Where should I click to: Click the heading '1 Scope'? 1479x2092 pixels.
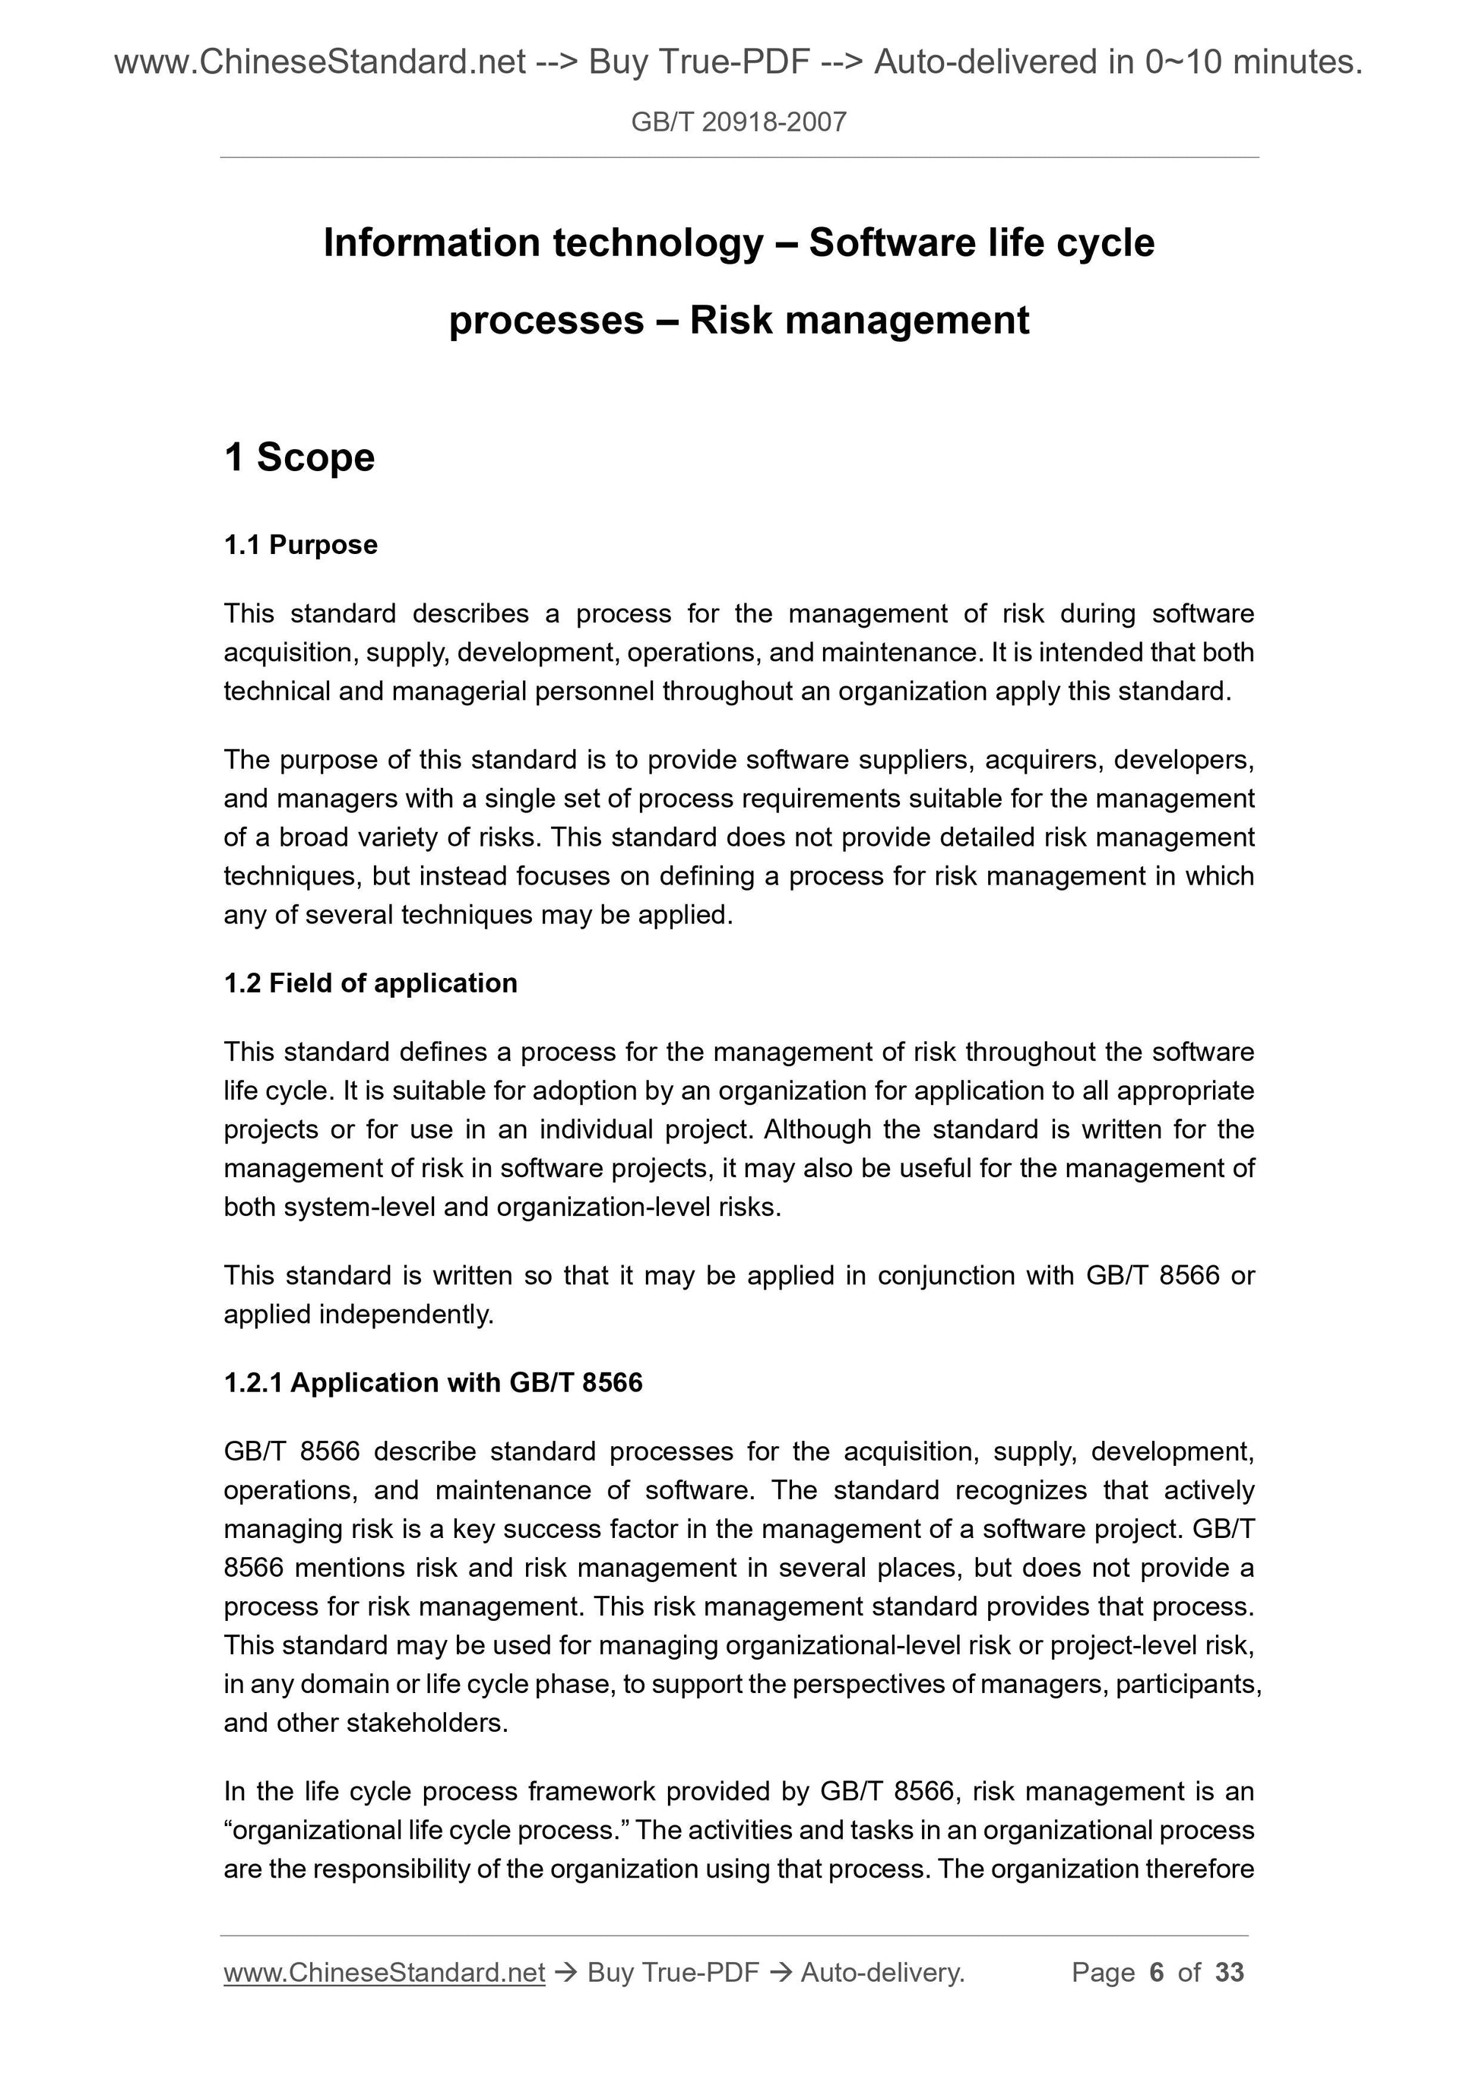299,457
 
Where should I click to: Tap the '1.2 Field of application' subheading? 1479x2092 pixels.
370,983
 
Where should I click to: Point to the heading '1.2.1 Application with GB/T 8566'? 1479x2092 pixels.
433,1382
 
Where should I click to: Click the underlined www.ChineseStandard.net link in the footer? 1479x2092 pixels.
384,1973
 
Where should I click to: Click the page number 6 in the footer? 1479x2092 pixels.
1157,1973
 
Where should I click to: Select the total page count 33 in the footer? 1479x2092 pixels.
1229,1973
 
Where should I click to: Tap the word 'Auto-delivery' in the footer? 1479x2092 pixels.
882,1973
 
